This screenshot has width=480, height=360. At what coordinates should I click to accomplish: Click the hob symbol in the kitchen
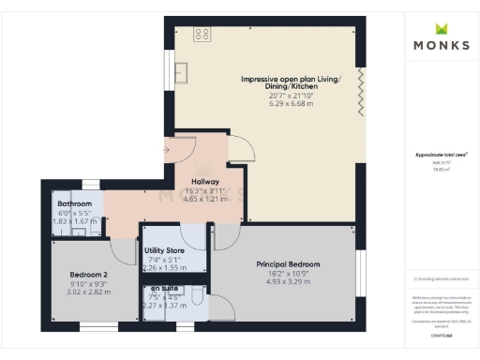pos(201,34)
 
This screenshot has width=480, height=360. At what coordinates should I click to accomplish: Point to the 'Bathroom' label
pos(75,203)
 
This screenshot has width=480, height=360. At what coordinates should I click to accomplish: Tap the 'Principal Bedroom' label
pos(289,264)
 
